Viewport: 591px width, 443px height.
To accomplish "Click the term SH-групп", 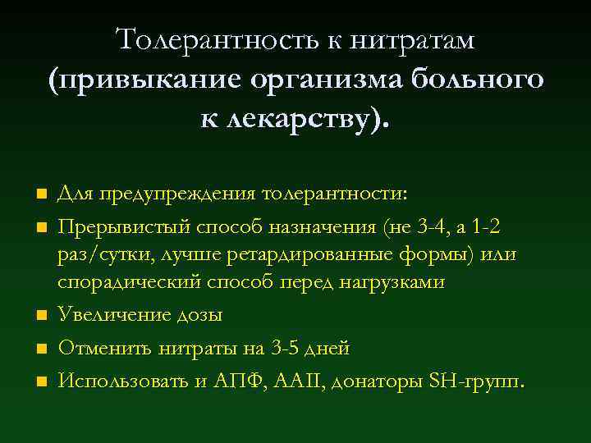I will click(x=470, y=381).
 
